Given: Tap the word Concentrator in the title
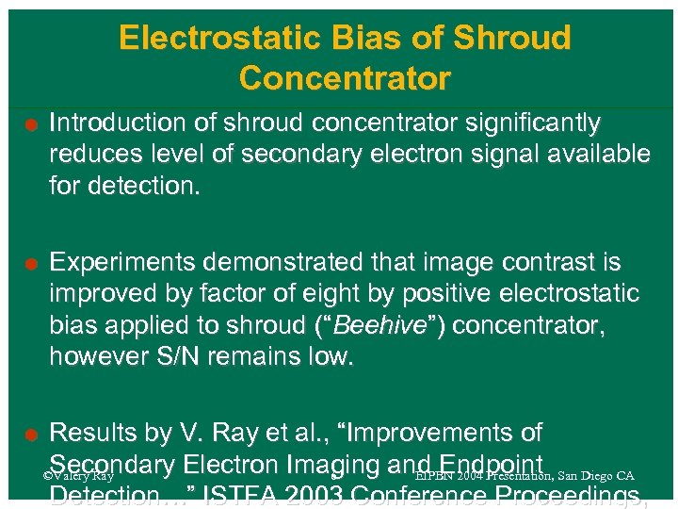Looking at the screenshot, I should pos(345,77).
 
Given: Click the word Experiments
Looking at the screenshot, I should pos(121,261).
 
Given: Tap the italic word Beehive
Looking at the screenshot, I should pos(375,324).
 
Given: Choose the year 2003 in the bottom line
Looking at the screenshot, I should pos(355,498).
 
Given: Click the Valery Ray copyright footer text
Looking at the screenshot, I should pos(79,476).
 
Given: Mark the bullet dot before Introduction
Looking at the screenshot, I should pos(31,124).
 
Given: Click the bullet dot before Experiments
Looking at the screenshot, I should pos(31,263).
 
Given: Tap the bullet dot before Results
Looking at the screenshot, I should pos(31,435).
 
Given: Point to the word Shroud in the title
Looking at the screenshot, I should pos(511,39).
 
